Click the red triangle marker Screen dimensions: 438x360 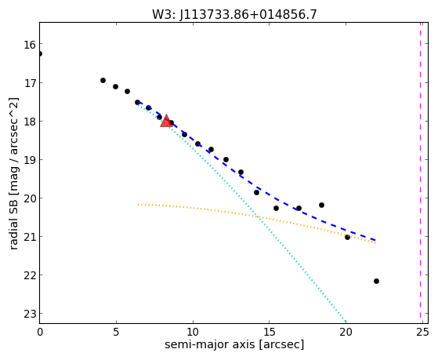(x=166, y=121)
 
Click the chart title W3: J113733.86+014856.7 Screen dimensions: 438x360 (x=234, y=14)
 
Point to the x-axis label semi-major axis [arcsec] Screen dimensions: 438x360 (x=234, y=344)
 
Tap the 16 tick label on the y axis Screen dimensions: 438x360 (x=29, y=45)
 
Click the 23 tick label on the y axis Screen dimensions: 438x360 (x=29, y=315)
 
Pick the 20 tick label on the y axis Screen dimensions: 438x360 (x=29, y=198)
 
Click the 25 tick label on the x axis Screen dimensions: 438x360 (x=422, y=332)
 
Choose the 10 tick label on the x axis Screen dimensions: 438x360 (x=193, y=332)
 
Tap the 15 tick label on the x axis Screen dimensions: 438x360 (x=269, y=332)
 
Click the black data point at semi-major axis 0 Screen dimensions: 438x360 (x=40, y=53)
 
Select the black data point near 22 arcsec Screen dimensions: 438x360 (x=376, y=281)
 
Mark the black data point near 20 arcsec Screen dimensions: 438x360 (x=347, y=237)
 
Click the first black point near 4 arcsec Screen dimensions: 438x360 (x=103, y=80)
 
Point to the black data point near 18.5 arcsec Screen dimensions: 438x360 (x=321, y=205)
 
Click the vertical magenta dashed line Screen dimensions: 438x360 (x=420, y=173)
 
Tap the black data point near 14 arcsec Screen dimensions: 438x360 (x=256, y=192)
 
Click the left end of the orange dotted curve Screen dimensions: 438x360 (x=138, y=205)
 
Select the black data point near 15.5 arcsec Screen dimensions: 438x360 (x=276, y=208)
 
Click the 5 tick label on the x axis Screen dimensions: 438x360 (x=116, y=332)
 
